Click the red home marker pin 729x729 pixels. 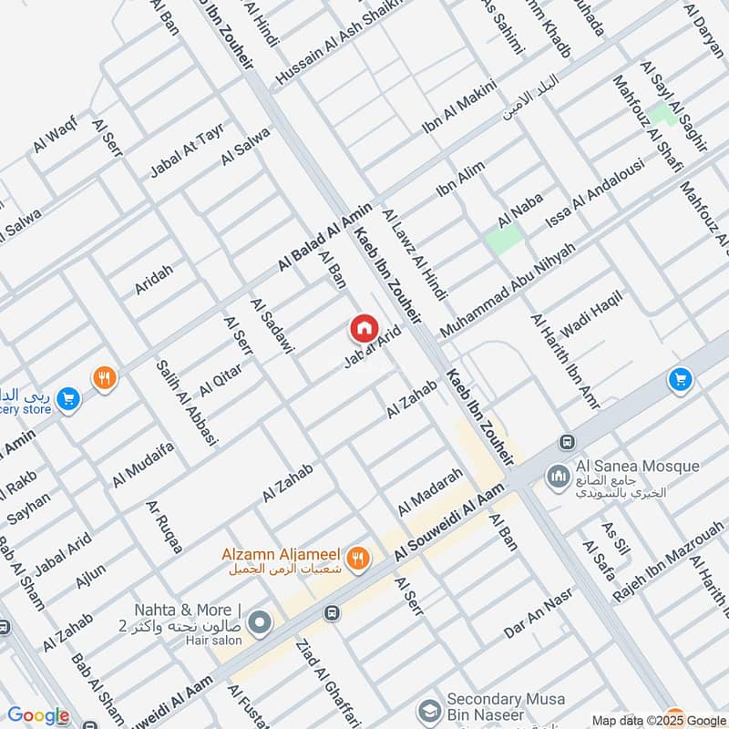point(363,328)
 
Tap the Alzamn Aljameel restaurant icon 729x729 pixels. point(359,555)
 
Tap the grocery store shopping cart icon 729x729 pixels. point(67,399)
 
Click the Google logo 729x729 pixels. point(38,716)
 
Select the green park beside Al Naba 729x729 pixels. point(504,238)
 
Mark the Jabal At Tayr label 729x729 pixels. point(188,149)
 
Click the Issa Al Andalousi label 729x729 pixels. point(594,194)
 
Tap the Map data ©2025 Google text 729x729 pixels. point(658,720)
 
